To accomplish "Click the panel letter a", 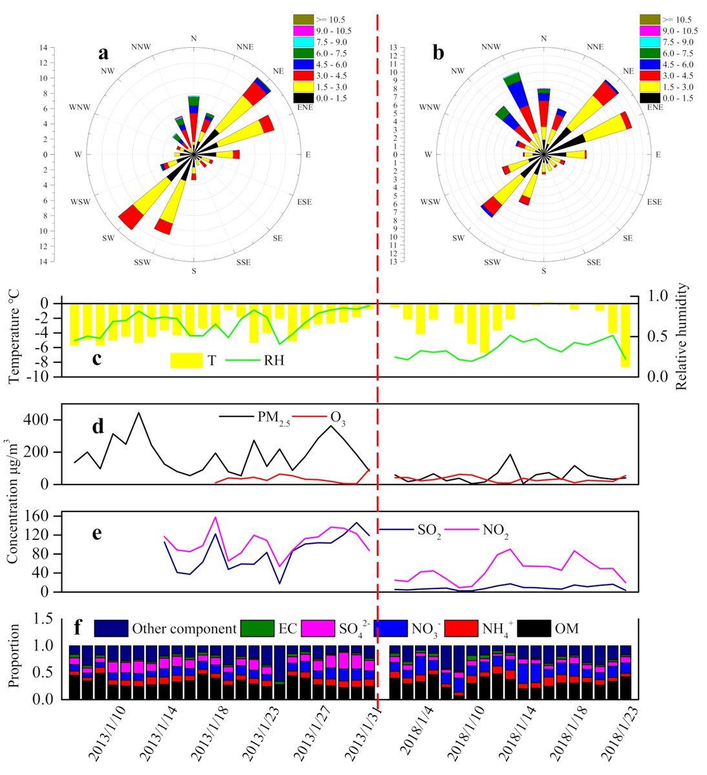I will pos(103,54).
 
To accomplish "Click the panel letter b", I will pos(439,54).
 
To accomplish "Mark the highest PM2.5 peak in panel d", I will pos(138,413).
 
